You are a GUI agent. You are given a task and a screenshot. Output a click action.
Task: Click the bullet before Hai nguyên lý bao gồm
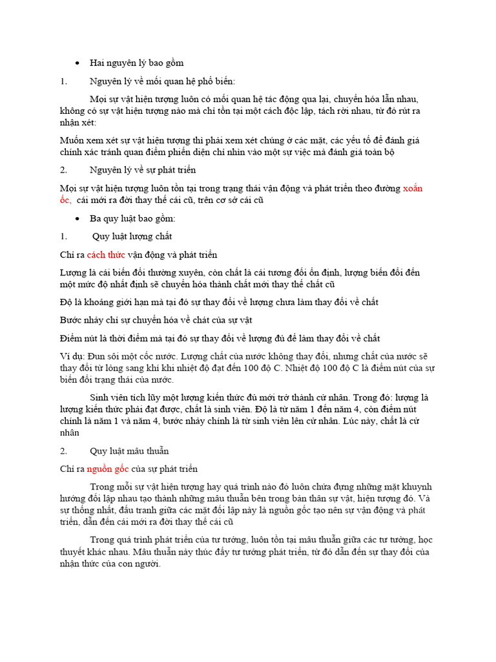click(x=77, y=63)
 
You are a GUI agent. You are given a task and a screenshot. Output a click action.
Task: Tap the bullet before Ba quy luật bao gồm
click(x=77, y=219)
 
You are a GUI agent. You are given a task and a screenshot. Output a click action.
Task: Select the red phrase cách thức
click(x=106, y=255)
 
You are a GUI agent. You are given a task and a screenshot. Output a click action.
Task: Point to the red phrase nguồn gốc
click(x=108, y=469)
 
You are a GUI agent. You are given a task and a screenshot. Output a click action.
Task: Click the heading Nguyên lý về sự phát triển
click(x=143, y=170)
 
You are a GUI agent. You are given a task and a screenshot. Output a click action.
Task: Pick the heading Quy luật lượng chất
click(x=132, y=237)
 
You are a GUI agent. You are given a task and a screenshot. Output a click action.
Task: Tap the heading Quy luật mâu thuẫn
click(x=129, y=451)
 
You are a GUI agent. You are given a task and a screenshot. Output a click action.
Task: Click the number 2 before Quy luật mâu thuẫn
click(x=63, y=451)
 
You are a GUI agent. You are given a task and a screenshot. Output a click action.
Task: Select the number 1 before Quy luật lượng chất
click(x=63, y=237)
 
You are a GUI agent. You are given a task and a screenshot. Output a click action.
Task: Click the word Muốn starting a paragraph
click(x=71, y=140)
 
